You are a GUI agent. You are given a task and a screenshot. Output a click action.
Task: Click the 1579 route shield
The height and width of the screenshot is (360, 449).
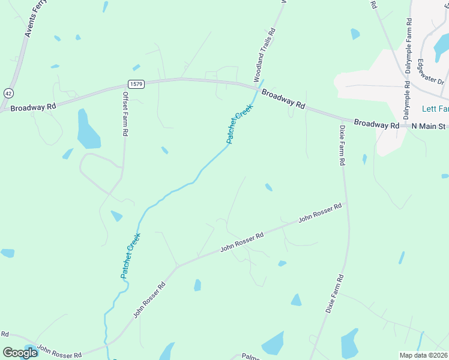[136, 84]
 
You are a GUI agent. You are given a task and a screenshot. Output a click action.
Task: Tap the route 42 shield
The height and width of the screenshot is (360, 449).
[8, 94]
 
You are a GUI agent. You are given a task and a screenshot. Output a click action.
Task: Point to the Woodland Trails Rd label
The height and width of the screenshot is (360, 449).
[265, 55]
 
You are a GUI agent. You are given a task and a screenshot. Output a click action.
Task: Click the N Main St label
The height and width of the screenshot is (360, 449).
[429, 126]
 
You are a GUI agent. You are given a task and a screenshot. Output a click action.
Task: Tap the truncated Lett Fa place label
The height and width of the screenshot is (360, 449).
[435, 109]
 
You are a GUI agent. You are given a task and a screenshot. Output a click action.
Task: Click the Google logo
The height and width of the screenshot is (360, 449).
[20, 353]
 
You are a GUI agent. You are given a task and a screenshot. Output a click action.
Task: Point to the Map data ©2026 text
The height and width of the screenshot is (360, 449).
[423, 355]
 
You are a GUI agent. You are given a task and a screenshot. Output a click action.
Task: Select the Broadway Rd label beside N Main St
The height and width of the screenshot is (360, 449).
[376, 124]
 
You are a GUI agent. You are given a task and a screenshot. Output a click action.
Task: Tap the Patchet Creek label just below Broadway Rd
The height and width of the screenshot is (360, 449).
[240, 124]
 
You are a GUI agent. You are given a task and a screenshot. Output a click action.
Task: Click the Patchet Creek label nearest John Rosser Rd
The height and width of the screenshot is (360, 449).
[130, 255]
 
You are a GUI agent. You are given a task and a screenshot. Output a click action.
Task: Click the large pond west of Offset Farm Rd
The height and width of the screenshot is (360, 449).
[88, 129]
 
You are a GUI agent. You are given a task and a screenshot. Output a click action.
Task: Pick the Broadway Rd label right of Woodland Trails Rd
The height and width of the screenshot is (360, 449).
[283, 98]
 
